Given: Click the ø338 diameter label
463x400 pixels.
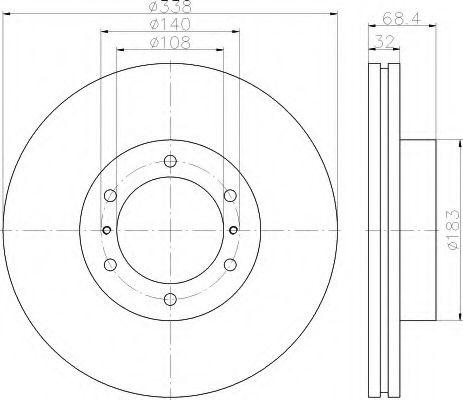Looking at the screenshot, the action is point(170,6).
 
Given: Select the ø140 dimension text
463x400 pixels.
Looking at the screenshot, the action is point(170,24).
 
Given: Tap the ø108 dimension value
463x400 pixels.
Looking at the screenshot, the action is point(170,43).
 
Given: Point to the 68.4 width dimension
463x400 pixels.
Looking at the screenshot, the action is point(402,18).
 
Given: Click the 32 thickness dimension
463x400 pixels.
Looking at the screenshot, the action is point(384,41).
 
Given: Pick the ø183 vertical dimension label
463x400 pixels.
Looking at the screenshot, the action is point(454,230).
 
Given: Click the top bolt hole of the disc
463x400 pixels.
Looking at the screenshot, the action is point(170,161).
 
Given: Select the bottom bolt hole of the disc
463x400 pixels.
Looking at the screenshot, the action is point(170,299).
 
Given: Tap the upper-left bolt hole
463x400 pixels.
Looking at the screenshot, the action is point(110,196).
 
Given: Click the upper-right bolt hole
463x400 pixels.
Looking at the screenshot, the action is point(230,196).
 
